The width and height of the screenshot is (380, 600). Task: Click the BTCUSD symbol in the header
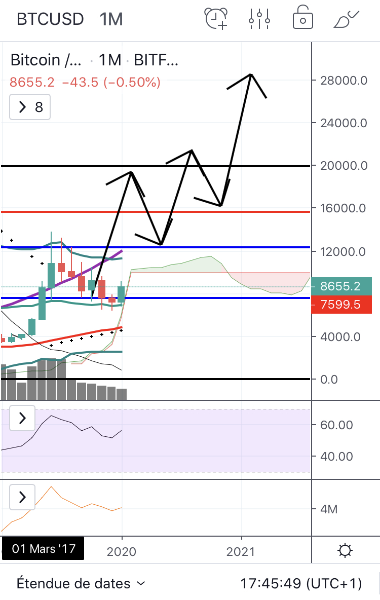[50, 19]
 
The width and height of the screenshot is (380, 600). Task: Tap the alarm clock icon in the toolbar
[216, 19]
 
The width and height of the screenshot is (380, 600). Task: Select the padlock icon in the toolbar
[302, 19]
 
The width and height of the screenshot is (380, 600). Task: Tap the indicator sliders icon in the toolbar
[259, 19]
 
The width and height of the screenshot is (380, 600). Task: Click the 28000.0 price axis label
[344, 80]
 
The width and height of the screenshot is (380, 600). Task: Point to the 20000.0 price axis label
[344, 166]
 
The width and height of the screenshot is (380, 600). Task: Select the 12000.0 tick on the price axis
[344, 252]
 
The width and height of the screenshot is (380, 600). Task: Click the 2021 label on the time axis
[242, 551]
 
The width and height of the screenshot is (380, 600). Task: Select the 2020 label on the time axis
[122, 551]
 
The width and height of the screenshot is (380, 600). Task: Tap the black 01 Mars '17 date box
[43, 549]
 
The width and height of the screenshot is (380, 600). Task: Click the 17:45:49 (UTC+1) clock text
[301, 583]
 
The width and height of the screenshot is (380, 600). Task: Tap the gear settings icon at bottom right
[346, 550]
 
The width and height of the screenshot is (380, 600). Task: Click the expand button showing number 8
[30, 107]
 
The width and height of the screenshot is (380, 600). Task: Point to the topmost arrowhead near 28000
[251, 75]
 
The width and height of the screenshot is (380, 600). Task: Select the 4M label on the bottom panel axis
[329, 509]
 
